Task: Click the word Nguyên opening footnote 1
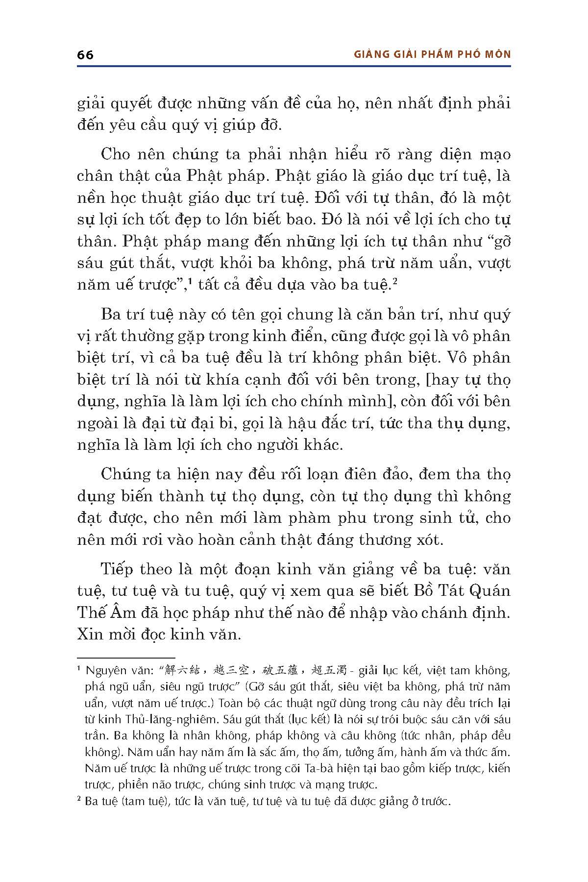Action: click(104, 670)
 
